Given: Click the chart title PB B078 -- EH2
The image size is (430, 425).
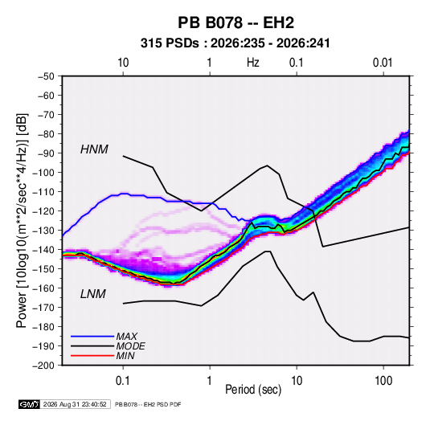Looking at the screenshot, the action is (x=235, y=22).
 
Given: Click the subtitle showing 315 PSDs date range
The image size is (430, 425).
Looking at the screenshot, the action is (x=235, y=43).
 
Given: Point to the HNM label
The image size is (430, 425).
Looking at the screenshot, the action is (x=94, y=149).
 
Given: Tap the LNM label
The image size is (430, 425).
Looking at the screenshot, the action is (x=93, y=294).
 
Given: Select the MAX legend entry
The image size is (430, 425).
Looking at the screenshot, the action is (x=126, y=336).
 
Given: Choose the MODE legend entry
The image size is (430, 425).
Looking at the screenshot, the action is (x=130, y=346).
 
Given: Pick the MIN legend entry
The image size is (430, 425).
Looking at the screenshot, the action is (x=125, y=356).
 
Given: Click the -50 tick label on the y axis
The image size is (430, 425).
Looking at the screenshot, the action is (x=46, y=76).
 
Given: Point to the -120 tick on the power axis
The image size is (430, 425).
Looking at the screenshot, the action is (x=43, y=211).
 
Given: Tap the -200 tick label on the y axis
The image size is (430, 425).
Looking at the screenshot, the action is (x=43, y=366).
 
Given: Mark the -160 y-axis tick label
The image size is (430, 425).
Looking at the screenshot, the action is (x=43, y=288).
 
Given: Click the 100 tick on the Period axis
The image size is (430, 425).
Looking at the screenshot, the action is (x=383, y=381).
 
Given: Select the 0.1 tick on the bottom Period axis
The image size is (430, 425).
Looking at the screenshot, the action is (x=123, y=381).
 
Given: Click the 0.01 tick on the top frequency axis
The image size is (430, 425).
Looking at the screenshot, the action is (x=383, y=63).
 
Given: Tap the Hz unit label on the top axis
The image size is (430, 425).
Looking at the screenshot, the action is (x=253, y=63).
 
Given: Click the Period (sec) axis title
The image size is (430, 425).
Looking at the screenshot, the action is (x=253, y=390).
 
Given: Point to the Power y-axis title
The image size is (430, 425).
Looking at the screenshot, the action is (x=22, y=221).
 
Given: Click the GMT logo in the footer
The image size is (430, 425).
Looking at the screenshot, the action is (x=30, y=404).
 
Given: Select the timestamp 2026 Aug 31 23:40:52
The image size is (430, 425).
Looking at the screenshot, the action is (x=75, y=404).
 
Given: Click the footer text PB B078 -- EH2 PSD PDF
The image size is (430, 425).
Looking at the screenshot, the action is (x=148, y=404).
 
